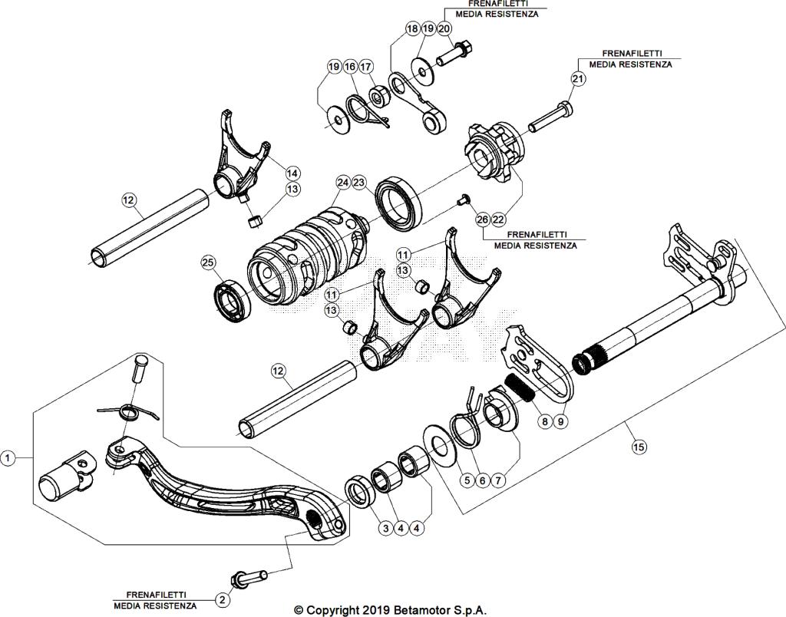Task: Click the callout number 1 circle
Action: pyautogui.click(x=8, y=458)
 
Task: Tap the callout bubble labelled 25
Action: pyautogui.click(x=207, y=262)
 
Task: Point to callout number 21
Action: pyautogui.click(x=577, y=78)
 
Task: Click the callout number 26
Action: pyautogui.click(x=482, y=219)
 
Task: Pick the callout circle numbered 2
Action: pyautogui.click(x=222, y=599)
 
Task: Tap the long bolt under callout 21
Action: pyautogui.click(x=551, y=117)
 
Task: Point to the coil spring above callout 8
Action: pyautogui.click(x=521, y=388)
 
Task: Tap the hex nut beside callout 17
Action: pyautogui.click(x=378, y=96)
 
